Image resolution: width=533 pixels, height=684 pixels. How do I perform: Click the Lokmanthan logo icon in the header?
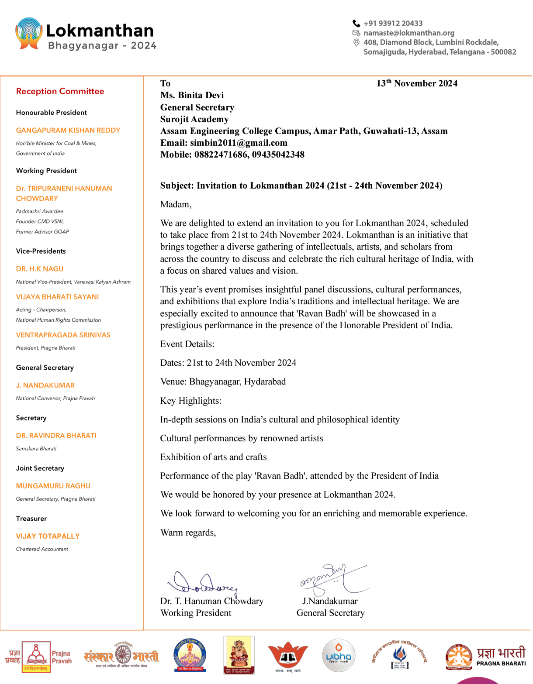pos(29,33)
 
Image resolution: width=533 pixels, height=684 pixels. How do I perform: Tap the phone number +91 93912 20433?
pos(393,24)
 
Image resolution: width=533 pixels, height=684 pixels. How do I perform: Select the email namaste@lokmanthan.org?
pos(408,33)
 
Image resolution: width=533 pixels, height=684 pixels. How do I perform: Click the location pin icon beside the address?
pos(356,43)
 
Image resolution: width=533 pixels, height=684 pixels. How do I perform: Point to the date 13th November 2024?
pos(417,83)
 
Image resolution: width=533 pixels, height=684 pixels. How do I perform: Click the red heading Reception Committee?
pos(60,91)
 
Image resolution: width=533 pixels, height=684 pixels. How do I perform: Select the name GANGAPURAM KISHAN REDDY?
pos(68,131)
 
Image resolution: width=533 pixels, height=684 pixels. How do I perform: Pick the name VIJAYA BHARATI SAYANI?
pos(57,297)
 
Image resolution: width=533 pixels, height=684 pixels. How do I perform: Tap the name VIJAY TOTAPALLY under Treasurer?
pos(48,536)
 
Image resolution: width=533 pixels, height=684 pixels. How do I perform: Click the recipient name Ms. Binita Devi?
pos(192,95)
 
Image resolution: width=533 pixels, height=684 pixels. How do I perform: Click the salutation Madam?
pos(176,204)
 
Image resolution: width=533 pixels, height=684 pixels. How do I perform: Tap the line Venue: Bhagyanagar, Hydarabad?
pos(223,382)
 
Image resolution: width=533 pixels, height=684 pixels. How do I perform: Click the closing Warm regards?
pos(188,533)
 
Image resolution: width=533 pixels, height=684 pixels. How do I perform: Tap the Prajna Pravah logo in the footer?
pos(38,657)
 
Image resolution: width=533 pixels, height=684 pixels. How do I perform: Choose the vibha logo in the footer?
pos(339,656)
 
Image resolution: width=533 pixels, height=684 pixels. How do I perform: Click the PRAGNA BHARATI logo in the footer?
pos(485,657)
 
